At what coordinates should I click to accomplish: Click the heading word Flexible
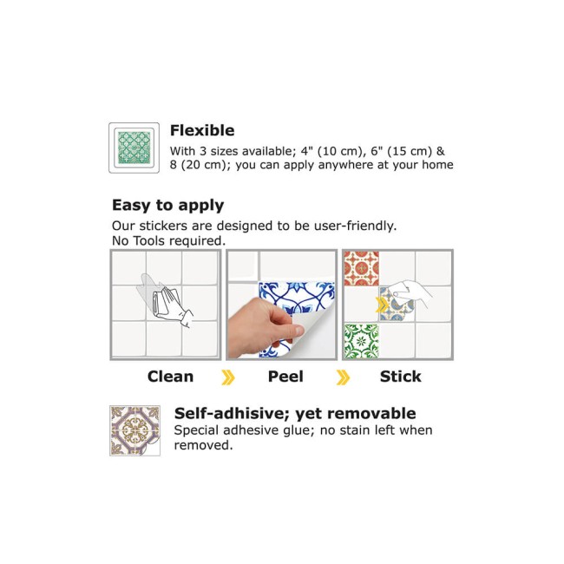click(202, 130)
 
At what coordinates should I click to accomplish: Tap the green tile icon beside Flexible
click(134, 148)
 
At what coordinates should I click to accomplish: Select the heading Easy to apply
click(168, 206)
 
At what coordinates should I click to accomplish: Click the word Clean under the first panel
click(170, 377)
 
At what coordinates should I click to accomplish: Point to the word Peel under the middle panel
click(285, 377)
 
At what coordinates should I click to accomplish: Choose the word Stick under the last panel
click(400, 377)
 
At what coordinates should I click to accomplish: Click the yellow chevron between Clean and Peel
click(228, 377)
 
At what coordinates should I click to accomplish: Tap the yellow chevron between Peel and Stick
click(343, 377)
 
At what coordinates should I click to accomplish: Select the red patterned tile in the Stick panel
click(362, 268)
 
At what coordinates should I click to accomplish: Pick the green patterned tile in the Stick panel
click(362, 341)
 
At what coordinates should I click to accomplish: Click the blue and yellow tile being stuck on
click(396, 305)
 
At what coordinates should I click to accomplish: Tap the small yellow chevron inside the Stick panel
click(381, 305)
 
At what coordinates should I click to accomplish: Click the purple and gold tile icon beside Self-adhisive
click(134, 430)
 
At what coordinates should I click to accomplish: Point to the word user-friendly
click(356, 226)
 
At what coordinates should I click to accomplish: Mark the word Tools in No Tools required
click(148, 241)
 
